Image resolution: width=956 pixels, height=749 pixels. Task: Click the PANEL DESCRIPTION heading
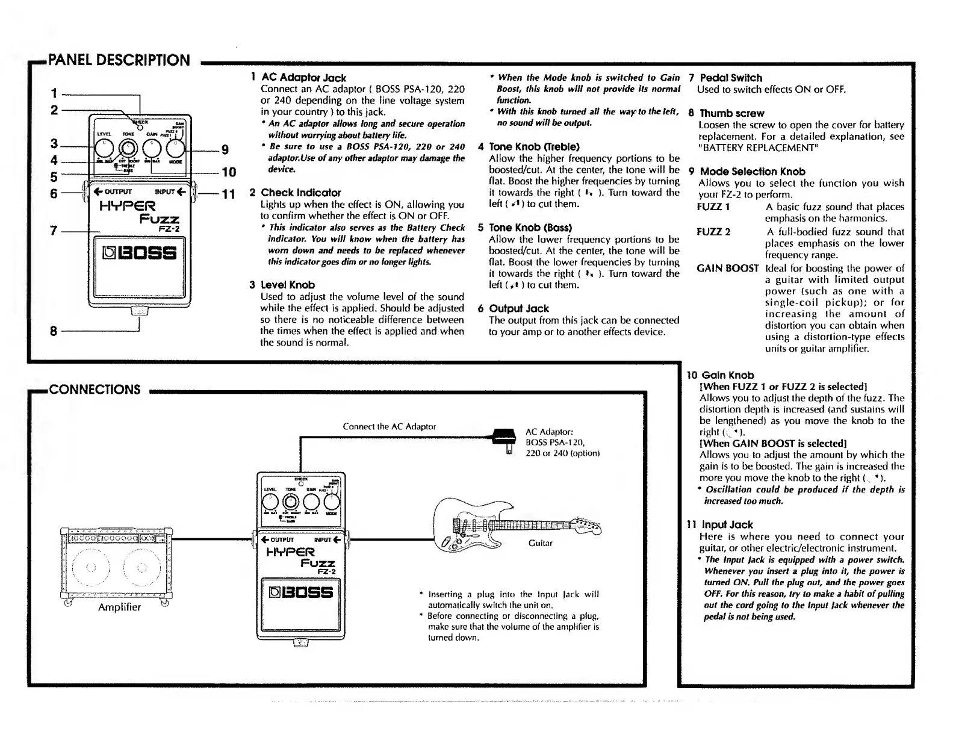click(119, 60)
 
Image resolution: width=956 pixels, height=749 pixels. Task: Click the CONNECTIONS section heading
click(95, 390)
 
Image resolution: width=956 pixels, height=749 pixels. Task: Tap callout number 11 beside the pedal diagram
click(228, 194)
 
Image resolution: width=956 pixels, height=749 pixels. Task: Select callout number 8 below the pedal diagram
click(54, 331)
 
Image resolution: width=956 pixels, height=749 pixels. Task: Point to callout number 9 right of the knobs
click(225, 149)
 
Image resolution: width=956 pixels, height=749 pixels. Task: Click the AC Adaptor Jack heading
click(303, 78)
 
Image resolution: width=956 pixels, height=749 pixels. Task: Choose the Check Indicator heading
click(300, 193)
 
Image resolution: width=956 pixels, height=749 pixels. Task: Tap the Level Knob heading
click(287, 285)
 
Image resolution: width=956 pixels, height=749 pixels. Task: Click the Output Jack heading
click(518, 309)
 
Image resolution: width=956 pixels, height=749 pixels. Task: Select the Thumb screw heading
click(731, 113)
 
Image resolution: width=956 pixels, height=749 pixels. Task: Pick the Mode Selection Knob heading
click(752, 172)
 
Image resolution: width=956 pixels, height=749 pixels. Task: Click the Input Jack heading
click(726, 525)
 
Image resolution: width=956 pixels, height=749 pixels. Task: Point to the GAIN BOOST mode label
click(727, 269)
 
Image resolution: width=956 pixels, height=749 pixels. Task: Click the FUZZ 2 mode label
click(713, 232)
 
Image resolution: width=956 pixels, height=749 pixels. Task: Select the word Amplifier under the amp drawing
click(119, 607)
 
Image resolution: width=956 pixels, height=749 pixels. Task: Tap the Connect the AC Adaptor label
click(389, 427)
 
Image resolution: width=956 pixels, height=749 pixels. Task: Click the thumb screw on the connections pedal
click(300, 643)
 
